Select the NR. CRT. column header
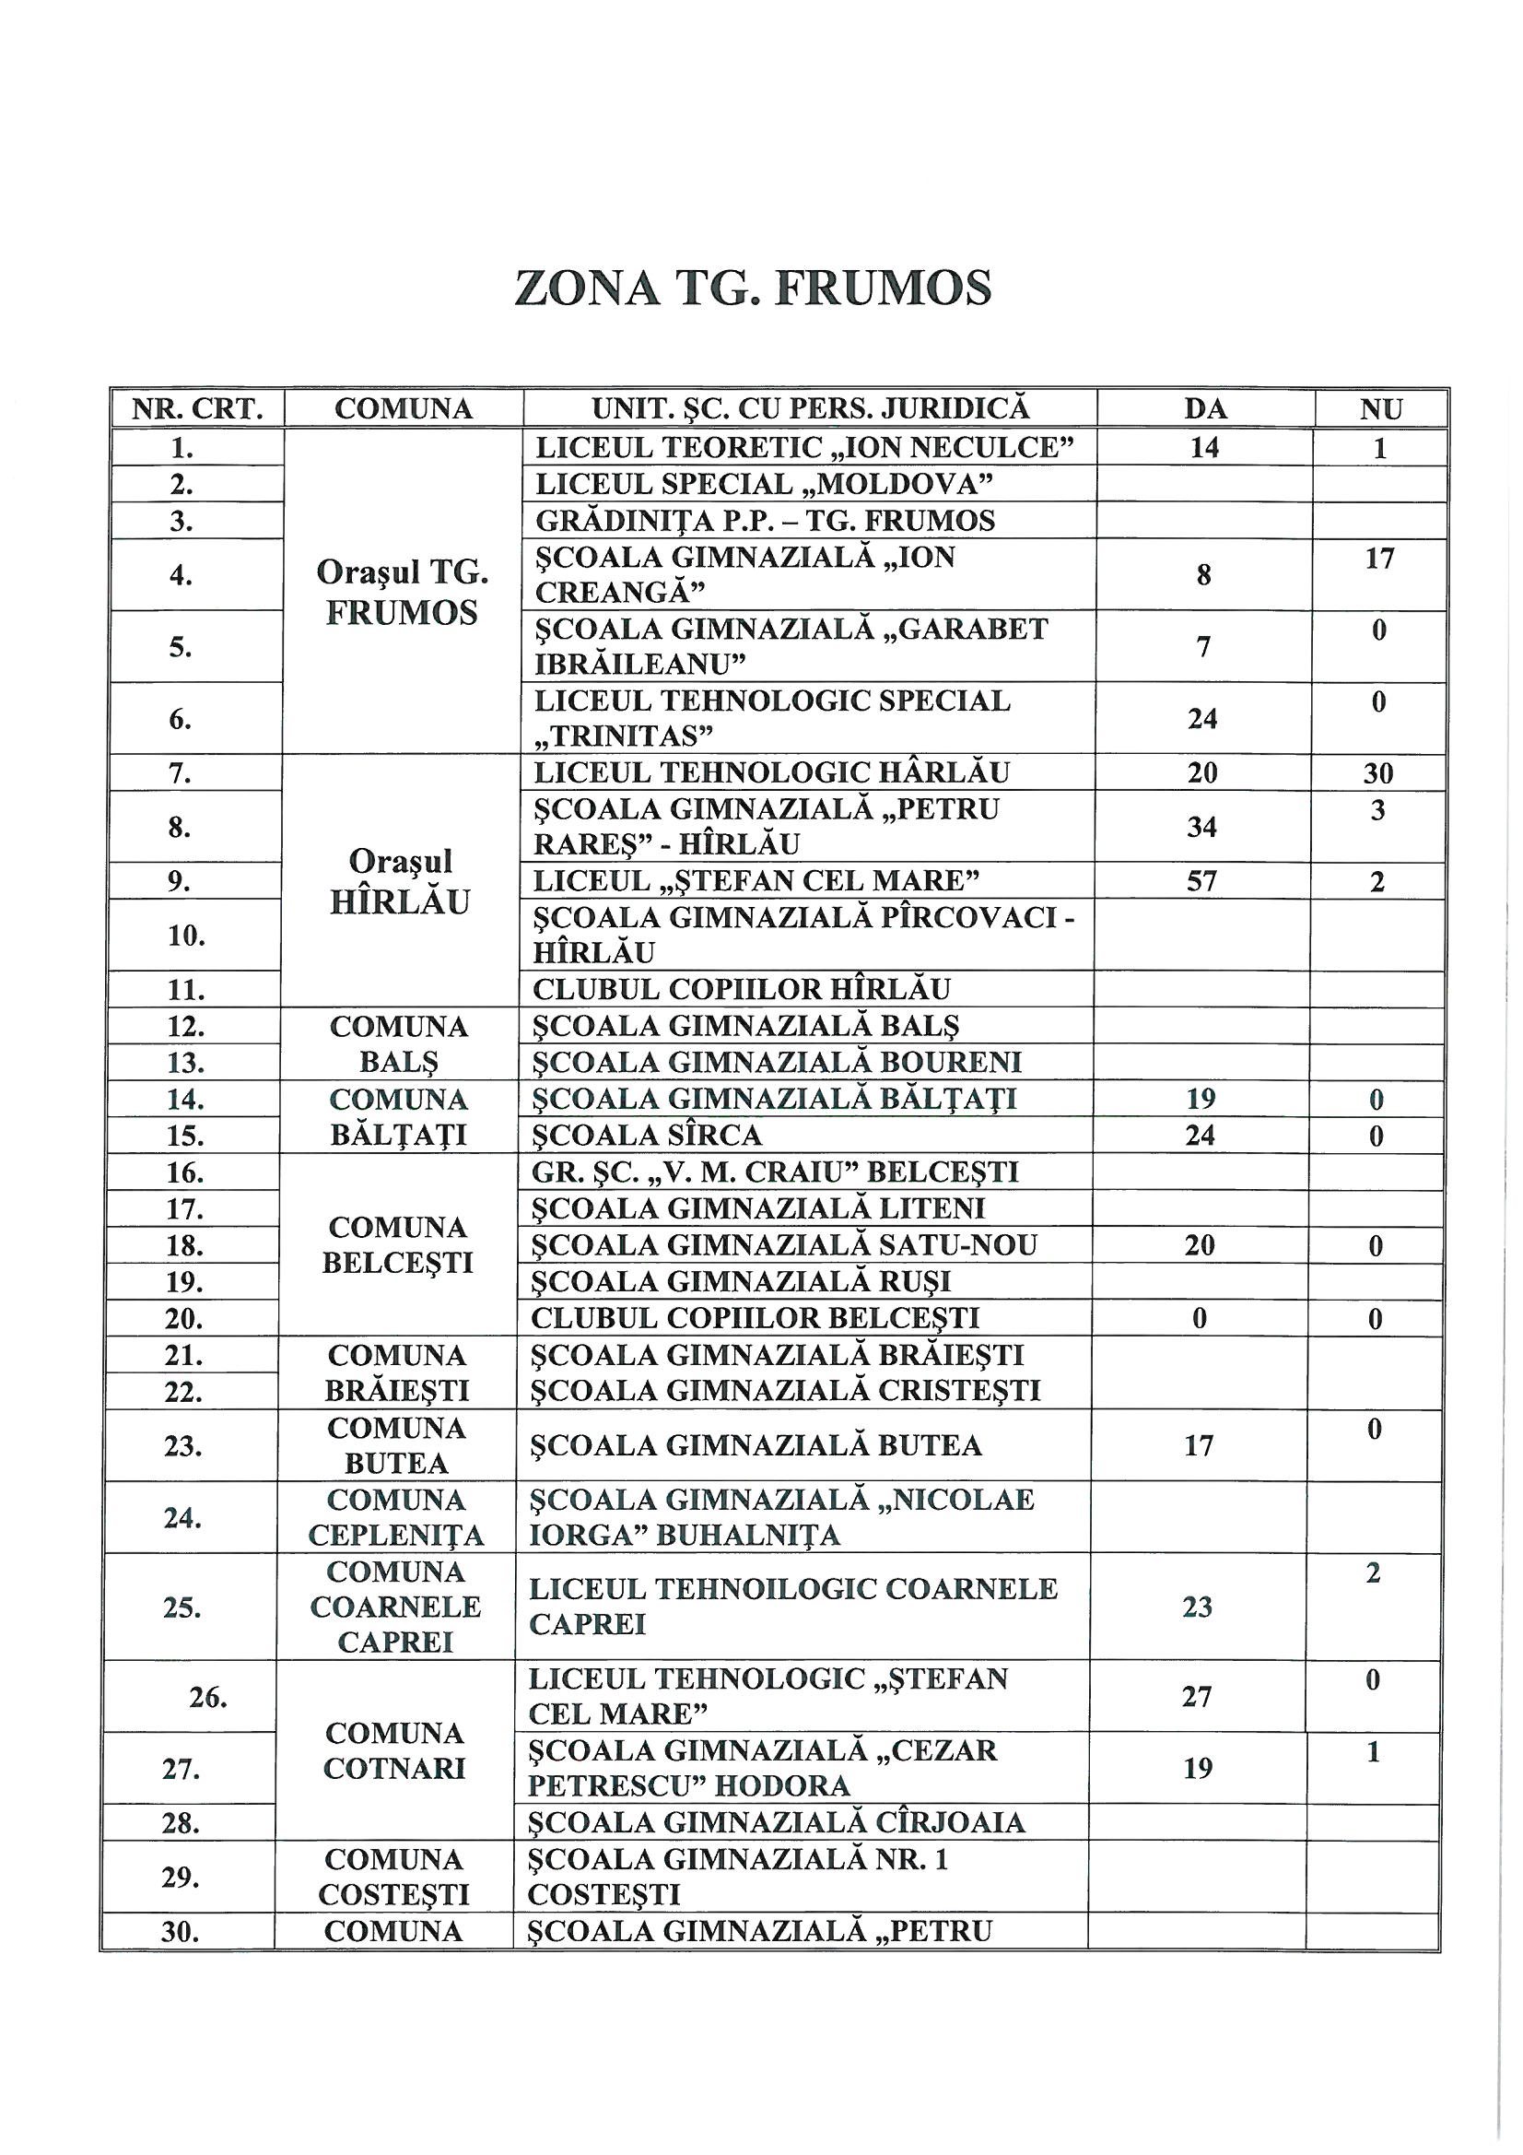[x=196, y=409]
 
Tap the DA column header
[x=1205, y=409]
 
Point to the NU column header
[x=1380, y=409]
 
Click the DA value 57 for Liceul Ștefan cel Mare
[x=1202, y=881]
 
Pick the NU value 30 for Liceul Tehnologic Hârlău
[x=1377, y=773]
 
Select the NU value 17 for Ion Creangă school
[x=1379, y=559]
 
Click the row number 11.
[x=187, y=990]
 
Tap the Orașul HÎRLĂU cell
[x=400, y=881]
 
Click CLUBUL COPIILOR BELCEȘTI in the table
[x=755, y=1318]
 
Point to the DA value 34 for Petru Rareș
[x=1202, y=827]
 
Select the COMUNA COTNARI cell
[x=395, y=1750]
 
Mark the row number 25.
[x=185, y=1607]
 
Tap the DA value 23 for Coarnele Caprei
[x=1199, y=1607]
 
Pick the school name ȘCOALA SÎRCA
[x=648, y=1136]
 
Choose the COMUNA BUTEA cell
[x=396, y=1445]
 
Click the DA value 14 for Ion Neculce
[x=1205, y=448]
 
